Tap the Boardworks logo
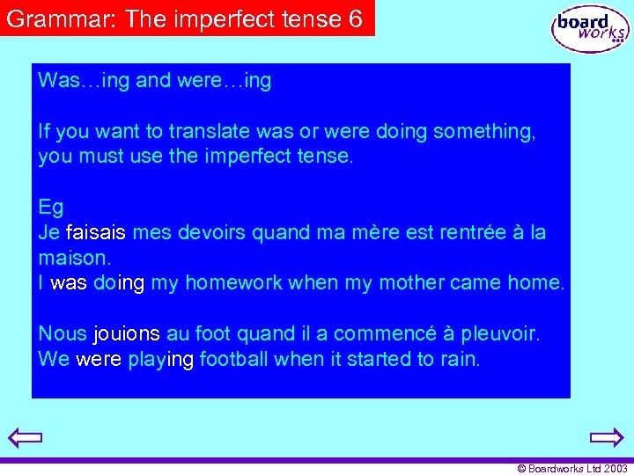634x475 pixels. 589,30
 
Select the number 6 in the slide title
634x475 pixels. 355,19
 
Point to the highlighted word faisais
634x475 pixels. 96,233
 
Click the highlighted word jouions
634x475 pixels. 127,334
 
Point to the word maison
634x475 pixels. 73,259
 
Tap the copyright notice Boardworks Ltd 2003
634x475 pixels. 571,469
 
